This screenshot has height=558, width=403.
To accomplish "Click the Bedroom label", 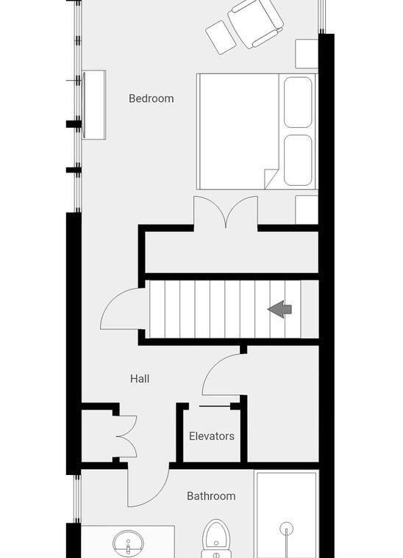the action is click(151, 98).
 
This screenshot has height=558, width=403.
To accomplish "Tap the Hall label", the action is click(140, 379).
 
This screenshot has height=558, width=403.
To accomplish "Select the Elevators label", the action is click(212, 436).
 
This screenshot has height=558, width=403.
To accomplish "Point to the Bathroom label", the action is click(211, 496).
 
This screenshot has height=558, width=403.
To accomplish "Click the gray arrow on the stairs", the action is click(280, 309).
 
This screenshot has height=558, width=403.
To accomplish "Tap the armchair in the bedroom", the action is click(255, 23).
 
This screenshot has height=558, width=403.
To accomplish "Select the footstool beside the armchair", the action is click(221, 37).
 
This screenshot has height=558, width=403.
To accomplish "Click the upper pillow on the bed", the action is click(298, 102).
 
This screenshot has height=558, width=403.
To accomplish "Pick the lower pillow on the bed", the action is click(298, 160).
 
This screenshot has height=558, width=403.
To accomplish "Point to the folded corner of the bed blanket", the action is click(270, 178).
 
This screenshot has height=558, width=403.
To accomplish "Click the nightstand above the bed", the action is click(307, 54).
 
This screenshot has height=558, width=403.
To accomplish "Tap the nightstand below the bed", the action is click(307, 209).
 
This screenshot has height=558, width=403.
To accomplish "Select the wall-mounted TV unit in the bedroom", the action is click(93, 105).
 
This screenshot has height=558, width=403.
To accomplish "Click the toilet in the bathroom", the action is click(217, 539).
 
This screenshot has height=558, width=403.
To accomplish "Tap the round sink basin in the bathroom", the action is click(128, 545).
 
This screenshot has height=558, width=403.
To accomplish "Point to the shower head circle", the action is click(286, 529).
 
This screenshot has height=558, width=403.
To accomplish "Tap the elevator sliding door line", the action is click(215, 406).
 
